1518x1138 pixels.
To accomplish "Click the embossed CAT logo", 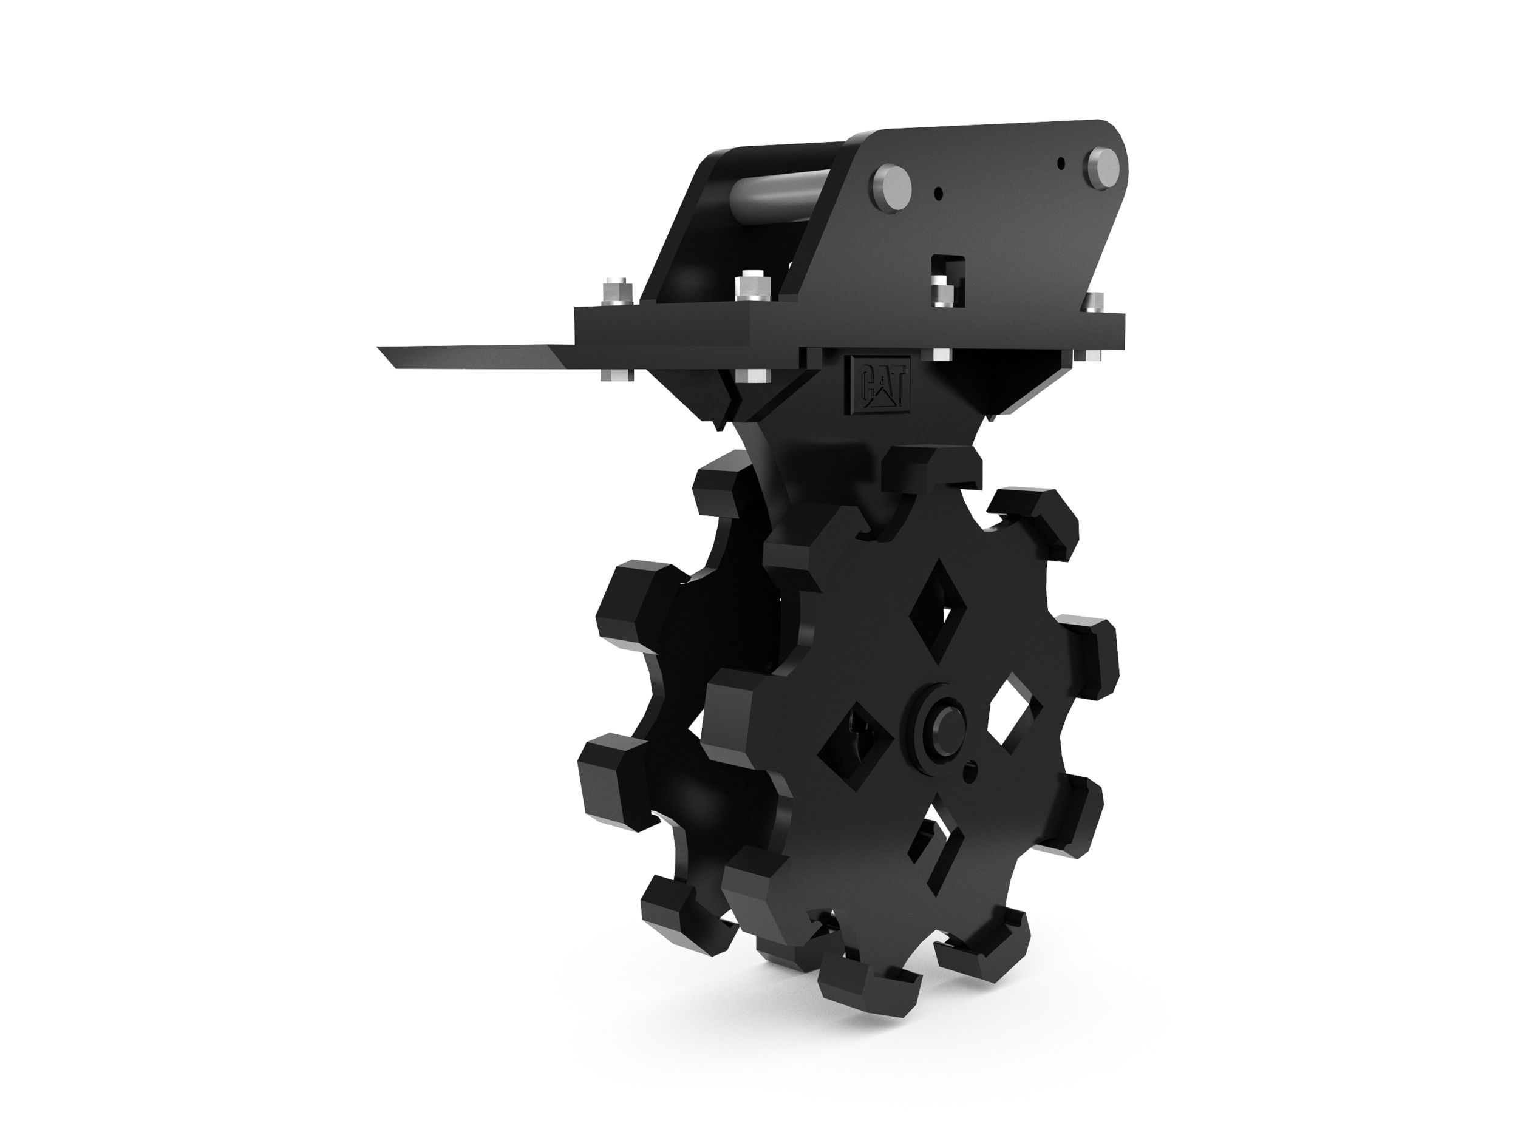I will [x=879, y=387].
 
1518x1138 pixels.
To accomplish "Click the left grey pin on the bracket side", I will [x=890, y=184].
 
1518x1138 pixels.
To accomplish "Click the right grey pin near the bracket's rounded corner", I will [x=1103, y=166].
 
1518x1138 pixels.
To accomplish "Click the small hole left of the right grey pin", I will [x=1061, y=163].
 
